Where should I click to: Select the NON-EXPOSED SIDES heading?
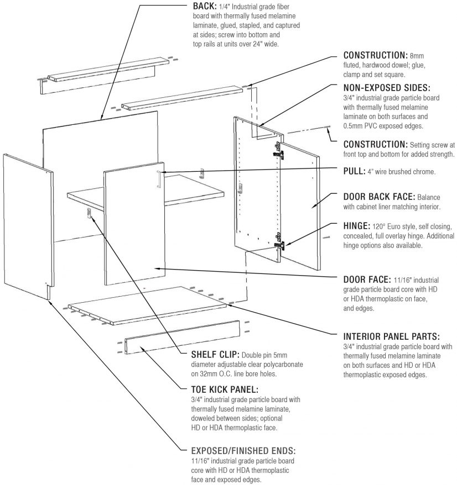pyautogui.click(x=387, y=88)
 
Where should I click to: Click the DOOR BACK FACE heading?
pyautogui.click(x=379, y=196)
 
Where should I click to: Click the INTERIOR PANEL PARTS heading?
pyautogui.click(x=392, y=336)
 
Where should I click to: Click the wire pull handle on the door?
pyautogui.click(x=159, y=179)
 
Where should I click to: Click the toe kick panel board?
pyautogui.click(x=182, y=338)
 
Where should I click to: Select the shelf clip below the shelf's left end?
pyautogui.click(x=89, y=214)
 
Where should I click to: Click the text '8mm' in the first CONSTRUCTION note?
pyautogui.click(x=416, y=56)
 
